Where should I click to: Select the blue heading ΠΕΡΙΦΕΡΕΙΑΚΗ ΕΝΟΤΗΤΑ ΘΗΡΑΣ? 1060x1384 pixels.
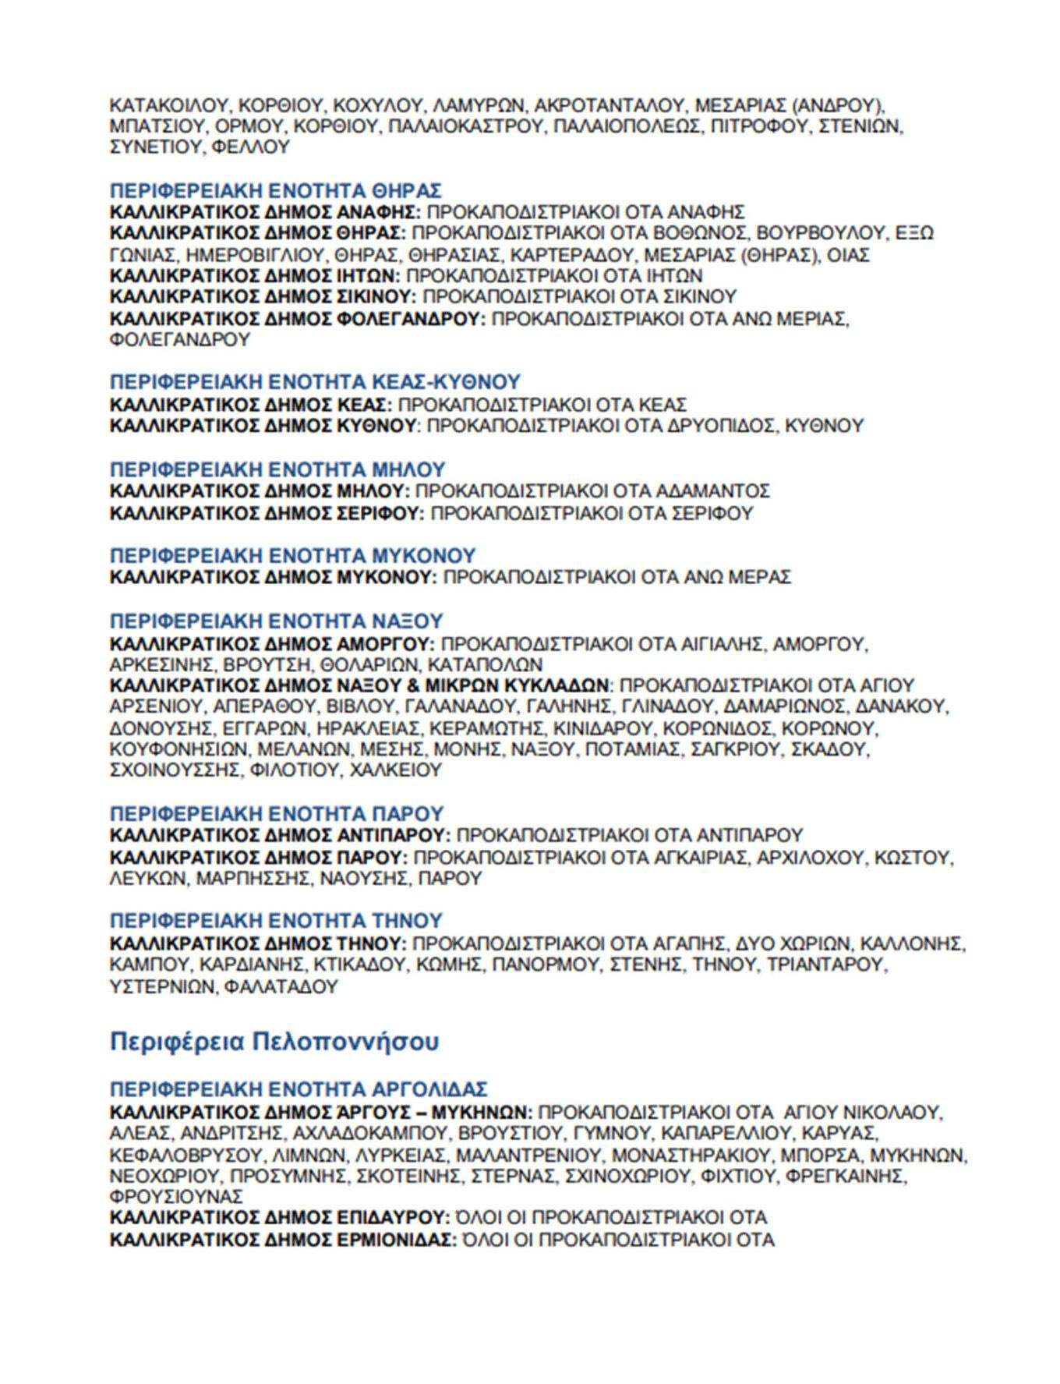(276, 190)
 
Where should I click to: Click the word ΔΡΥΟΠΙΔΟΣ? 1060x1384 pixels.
(720, 426)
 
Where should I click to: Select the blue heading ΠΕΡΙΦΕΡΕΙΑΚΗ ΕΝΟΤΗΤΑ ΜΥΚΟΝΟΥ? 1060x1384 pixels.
(292, 556)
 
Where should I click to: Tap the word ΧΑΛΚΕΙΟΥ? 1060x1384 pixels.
(396, 770)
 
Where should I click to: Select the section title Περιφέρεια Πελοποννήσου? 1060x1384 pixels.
(274, 1042)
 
